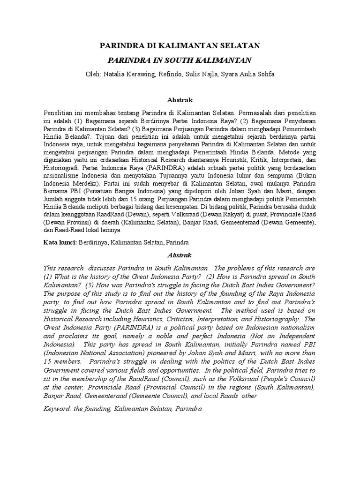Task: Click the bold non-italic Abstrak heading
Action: (180, 100)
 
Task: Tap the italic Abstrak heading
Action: (180, 255)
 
